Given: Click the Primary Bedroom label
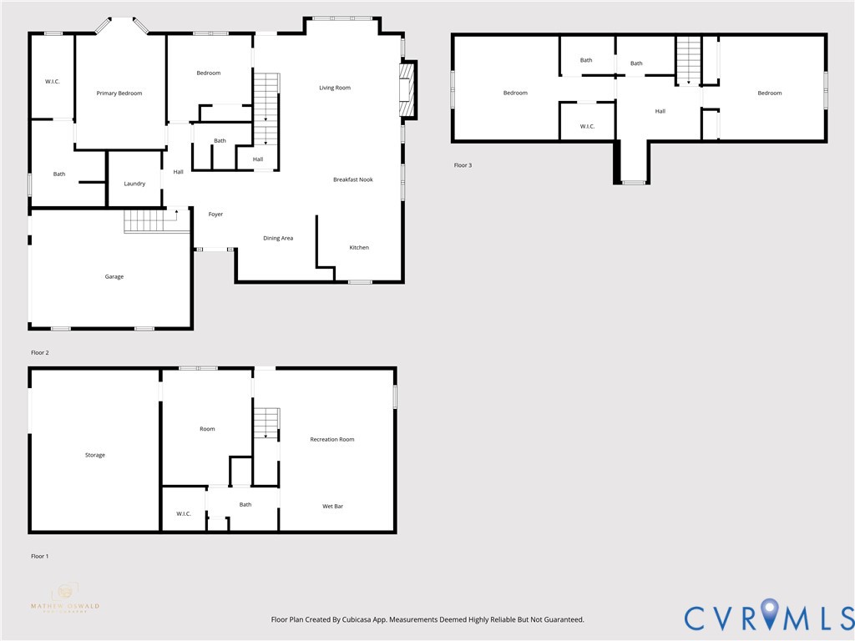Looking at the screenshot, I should click(119, 93).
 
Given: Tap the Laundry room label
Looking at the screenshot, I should click(134, 184).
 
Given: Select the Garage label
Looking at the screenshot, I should click(114, 277).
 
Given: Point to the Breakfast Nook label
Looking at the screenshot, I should click(353, 179).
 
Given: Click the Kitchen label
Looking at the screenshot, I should click(359, 248).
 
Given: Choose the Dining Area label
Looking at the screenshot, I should click(278, 239).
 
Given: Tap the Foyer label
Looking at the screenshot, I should click(215, 215).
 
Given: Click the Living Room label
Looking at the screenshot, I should click(335, 88).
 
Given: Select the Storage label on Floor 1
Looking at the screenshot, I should click(95, 456).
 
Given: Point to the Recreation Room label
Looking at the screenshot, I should click(332, 440).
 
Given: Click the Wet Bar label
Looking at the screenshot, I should click(333, 507).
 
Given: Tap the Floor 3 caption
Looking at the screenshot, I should click(463, 165).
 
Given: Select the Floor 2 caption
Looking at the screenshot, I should click(40, 353).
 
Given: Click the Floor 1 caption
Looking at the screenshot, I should click(40, 556).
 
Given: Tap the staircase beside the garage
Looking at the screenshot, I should click(147, 221).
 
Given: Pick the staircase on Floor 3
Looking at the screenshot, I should click(688, 59).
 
